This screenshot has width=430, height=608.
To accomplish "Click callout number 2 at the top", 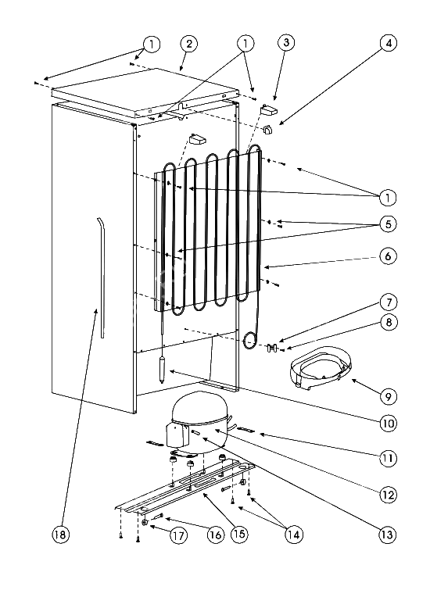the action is coord(189,44).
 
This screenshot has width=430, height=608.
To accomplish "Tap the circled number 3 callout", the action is coord(286,42).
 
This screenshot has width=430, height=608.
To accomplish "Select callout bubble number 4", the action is coord(389,43).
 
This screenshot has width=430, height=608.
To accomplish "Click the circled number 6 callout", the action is coord(388,256).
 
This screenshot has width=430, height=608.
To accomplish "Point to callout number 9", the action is coord(389,396).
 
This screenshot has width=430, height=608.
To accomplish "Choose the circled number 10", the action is coord(389,423).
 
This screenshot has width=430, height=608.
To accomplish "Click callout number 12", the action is coord(388,495).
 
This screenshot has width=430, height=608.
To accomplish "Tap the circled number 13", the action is coord(387,535).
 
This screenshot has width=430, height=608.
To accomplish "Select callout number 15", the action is coord(239,534).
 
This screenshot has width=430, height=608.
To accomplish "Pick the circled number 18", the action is coord(60,535).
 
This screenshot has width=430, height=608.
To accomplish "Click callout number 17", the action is coord(178,535).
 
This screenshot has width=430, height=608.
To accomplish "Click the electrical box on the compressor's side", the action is coord(177,435).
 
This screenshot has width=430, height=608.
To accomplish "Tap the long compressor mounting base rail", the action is coord(185,488).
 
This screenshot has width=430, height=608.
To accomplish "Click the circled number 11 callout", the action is coord(387,458).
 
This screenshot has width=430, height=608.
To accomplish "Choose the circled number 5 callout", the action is coord(388,224).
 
